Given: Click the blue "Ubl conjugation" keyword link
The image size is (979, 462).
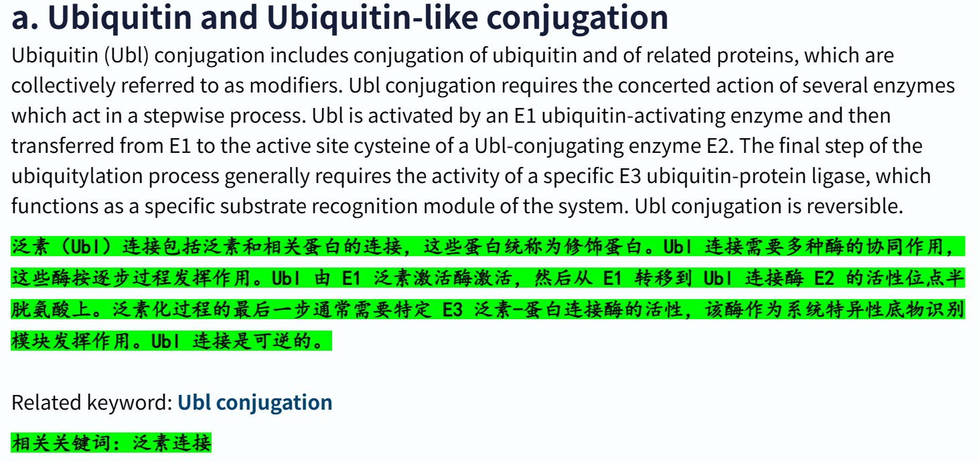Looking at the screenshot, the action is [254, 402].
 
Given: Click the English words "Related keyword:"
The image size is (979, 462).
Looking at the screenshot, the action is [92, 402].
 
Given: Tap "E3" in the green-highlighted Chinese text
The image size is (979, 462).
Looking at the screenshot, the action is [453, 310].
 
